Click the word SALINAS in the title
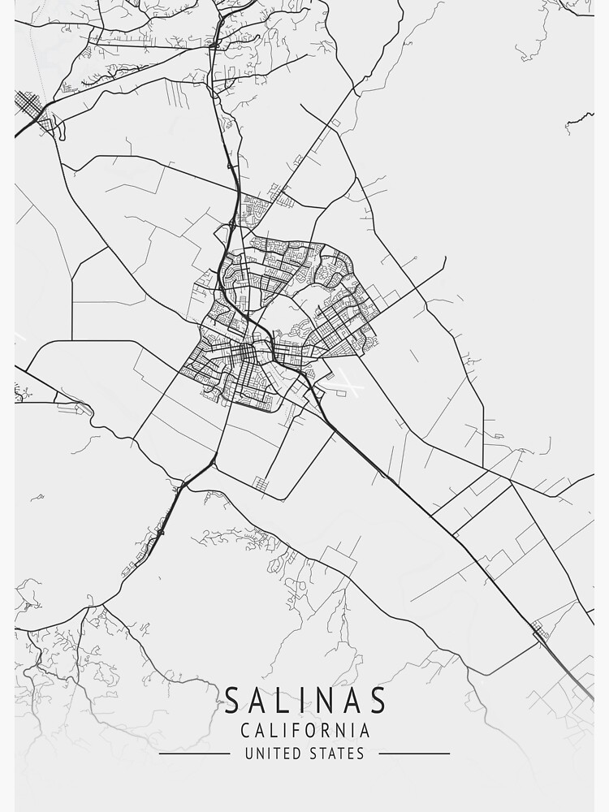304,700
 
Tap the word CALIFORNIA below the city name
304,731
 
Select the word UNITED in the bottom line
272,754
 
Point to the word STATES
335,754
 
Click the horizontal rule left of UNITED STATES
194,754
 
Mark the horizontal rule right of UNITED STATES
414,754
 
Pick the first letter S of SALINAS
231,700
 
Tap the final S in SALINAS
378,700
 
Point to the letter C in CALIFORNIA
245,731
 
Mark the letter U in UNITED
248,754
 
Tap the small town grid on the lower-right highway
539,628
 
